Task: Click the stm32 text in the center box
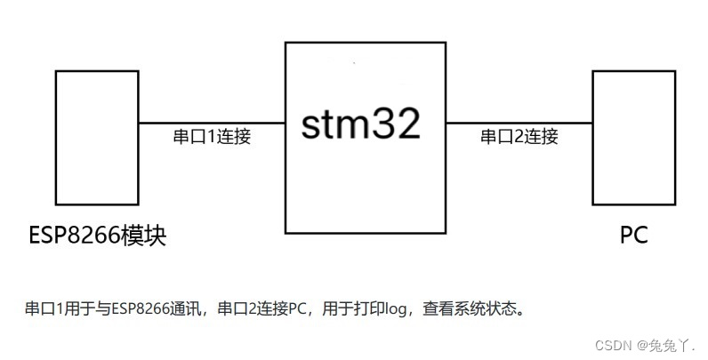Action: coord(360,124)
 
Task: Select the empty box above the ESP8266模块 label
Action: coord(96,137)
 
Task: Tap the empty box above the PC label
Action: coord(633,137)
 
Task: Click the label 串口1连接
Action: coord(212,138)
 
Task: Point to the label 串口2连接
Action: coord(519,137)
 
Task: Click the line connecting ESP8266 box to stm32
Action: coord(212,123)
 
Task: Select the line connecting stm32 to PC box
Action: coord(519,123)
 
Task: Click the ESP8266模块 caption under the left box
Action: coord(96,236)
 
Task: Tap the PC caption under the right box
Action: coord(633,236)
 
